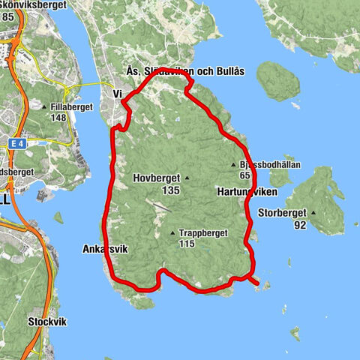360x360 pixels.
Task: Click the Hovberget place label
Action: [156, 178]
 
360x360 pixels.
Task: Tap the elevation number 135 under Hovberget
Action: [170, 190]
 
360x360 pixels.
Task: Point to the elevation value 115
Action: [187, 244]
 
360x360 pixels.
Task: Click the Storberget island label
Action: [281, 213]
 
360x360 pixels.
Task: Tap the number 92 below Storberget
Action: [300, 224]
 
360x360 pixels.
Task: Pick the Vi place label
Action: [117, 94]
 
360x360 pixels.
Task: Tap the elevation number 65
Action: [244, 175]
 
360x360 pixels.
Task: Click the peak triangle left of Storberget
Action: [313, 212]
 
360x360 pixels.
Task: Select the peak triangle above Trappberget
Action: [173, 232]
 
